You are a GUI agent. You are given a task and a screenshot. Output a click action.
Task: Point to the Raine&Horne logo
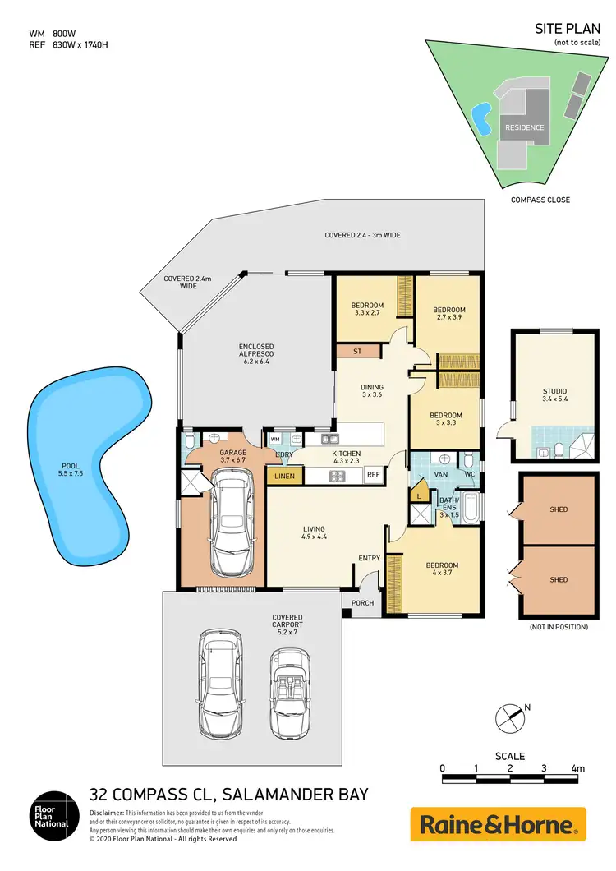coord(498,824)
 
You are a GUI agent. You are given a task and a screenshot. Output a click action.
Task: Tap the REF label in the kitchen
coord(373,474)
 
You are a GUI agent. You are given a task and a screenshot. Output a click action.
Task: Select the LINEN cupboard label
coord(285,475)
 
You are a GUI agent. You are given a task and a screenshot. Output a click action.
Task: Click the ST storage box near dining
coord(357,352)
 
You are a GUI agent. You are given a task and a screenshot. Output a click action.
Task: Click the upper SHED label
coord(559,509)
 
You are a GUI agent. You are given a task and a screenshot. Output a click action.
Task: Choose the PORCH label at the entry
coord(362,602)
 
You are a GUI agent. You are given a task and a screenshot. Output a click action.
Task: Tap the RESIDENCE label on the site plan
coord(524,127)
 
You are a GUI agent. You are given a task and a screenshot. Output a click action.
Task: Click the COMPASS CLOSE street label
coord(540,200)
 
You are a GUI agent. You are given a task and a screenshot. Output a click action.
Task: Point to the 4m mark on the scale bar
coord(578,768)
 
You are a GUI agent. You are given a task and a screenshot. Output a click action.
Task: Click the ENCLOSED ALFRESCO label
coord(256,353)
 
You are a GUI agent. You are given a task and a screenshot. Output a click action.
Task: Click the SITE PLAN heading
coord(566,28)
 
